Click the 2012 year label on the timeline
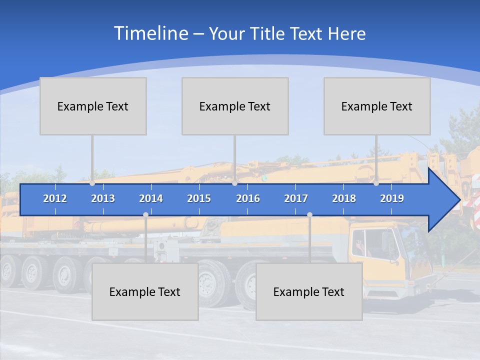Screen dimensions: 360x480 tap(55, 198)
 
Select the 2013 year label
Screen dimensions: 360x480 tap(103, 198)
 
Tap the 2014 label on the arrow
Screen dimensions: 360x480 tap(151, 198)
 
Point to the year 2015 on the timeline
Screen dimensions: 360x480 tap(199, 198)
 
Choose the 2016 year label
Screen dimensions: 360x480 tap(248, 198)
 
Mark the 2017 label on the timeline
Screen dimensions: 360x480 tap(296, 198)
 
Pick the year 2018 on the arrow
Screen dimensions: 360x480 tap(344, 198)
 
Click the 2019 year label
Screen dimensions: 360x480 tap(392, 198)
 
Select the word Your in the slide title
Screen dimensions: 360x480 tap(225, 34)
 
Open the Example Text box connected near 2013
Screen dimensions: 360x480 tap(93, 106)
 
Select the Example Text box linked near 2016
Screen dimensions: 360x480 tap(235, 106)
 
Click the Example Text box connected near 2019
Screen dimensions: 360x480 tap(377, 106)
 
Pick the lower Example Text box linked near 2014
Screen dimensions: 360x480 tap(145, 291)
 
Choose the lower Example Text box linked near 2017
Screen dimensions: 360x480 tap(309, 291)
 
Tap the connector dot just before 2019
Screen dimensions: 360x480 tap(376, 183)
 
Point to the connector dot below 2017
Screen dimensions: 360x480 tap(309, 215)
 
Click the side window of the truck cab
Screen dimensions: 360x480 tap(366, 244)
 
